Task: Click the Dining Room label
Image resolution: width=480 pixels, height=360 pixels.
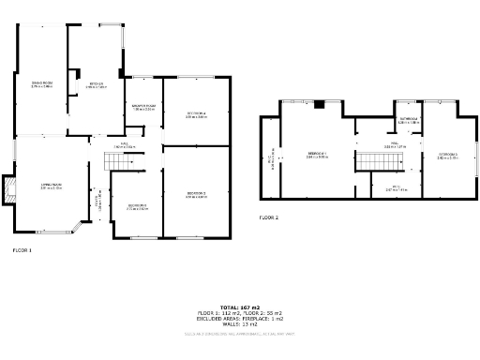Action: point(40,86)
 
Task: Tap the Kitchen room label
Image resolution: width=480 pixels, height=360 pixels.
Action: point(97,85)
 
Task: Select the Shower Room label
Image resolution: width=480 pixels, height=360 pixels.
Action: point(143,108)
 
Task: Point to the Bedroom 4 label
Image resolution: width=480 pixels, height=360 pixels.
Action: point(195,115)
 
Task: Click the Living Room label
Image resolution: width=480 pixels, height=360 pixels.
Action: point(51,187)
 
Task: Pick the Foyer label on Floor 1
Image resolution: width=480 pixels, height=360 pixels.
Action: point(97,201)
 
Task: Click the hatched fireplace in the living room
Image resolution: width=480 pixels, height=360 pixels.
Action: point(9,190)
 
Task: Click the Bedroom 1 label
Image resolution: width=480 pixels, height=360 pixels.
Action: point(316,156)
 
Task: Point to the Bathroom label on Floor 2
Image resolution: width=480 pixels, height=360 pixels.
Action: point(408,121)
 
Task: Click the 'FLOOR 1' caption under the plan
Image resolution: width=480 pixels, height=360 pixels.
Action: point(22,250)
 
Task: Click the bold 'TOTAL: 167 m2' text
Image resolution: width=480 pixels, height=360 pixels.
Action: point(240,307)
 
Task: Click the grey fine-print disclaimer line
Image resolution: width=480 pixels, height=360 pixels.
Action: point(240,332)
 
